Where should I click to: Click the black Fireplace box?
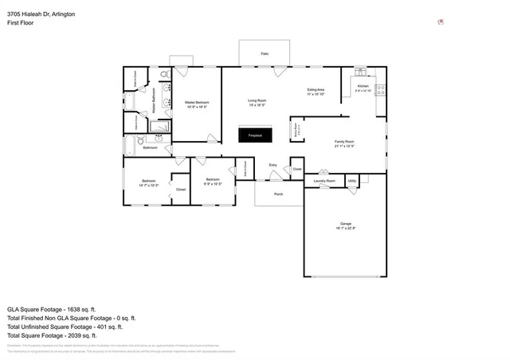click(255, 135)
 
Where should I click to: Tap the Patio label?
click(264, 53)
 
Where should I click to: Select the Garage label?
click(345, 224)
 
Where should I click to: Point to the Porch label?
click(278, 194)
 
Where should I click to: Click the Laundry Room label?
click(324, 182)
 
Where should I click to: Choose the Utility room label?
click(352, 181)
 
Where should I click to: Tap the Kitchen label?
click(363, 86)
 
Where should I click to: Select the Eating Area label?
click(316, 91)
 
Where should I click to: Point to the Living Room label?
click(257, 100)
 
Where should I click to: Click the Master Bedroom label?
click(197, 103)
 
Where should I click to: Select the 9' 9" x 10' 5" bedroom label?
click(213, 181)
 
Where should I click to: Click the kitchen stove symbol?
click(380, 89)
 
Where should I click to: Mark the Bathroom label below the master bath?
click(150, 148)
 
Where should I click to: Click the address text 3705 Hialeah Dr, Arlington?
click(41, 14)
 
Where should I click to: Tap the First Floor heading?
click(20, 23)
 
